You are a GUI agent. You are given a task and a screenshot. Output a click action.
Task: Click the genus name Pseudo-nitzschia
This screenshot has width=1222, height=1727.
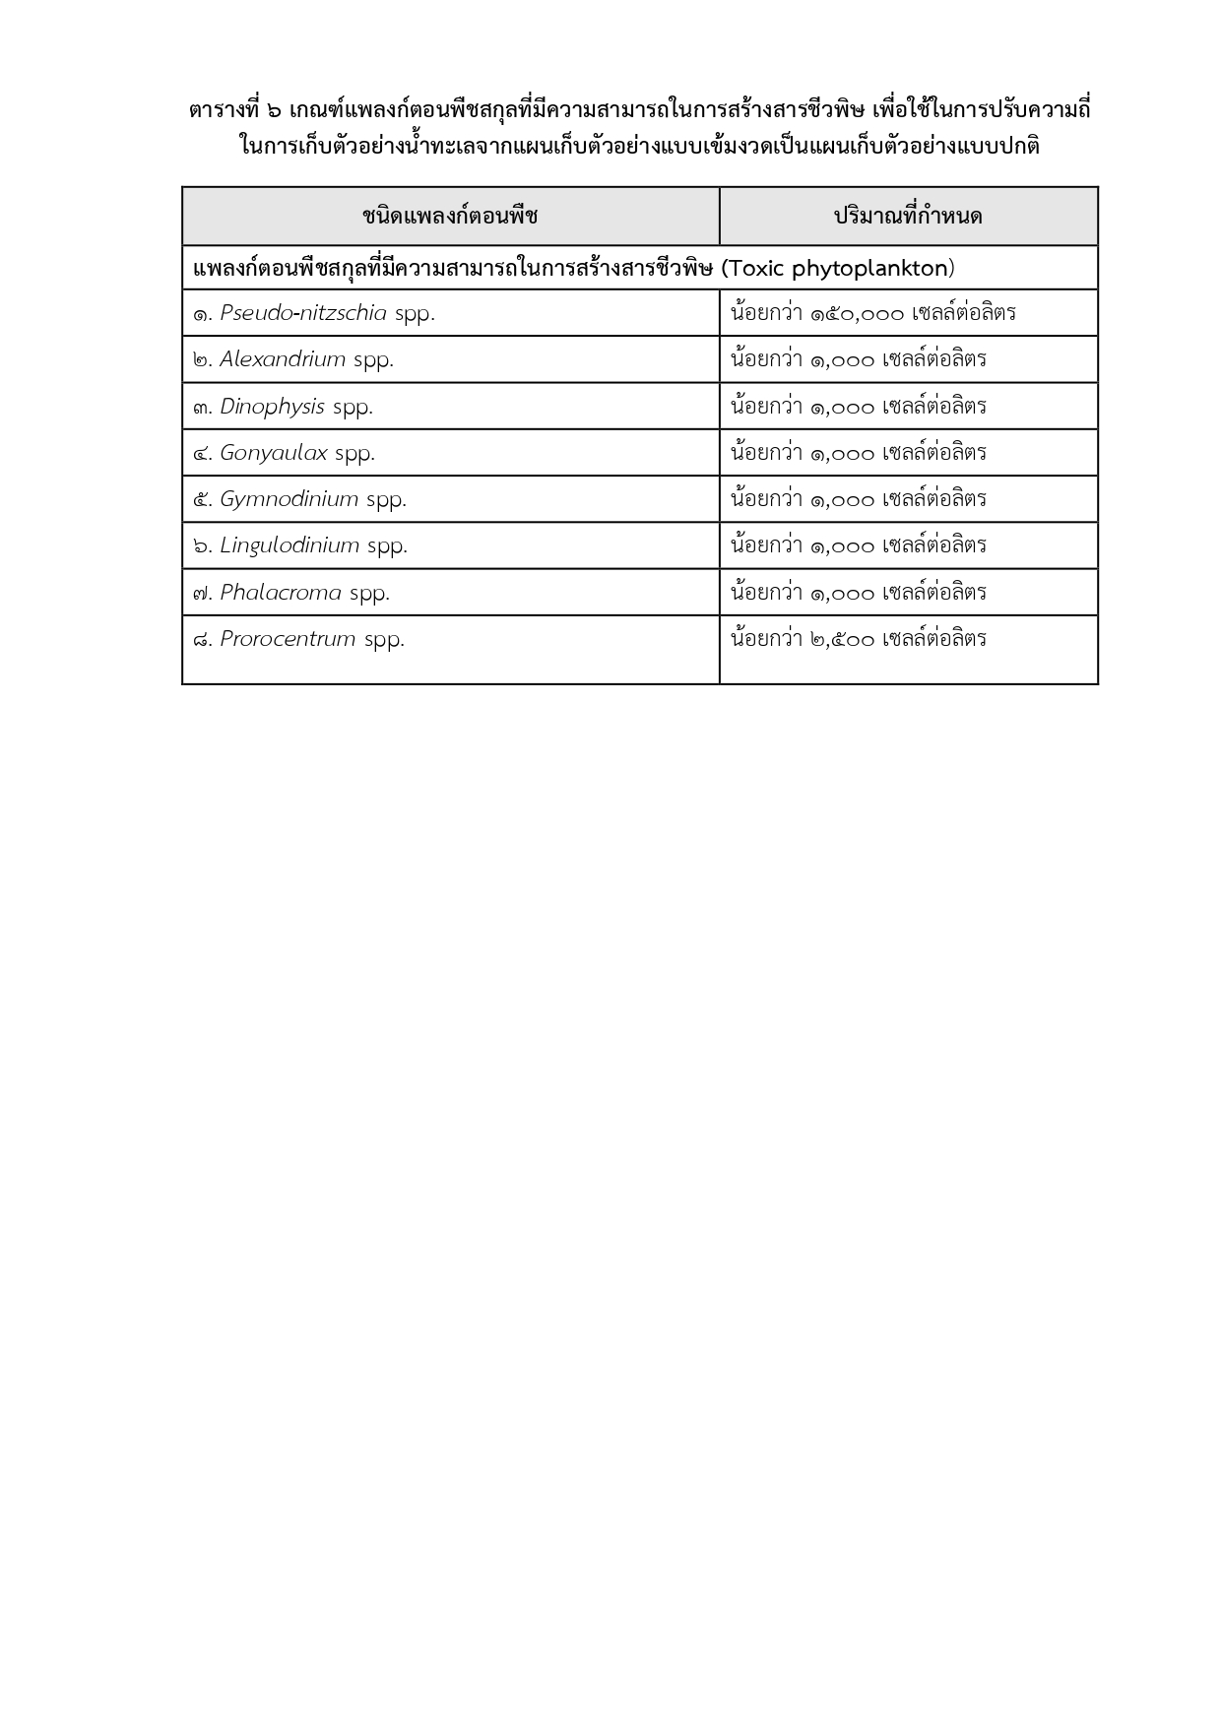click(x=303, y=313)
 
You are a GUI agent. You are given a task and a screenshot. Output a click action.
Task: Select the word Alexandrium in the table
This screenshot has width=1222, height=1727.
click(x=283, y=359)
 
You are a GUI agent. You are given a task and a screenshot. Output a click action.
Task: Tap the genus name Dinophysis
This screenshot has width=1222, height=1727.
click(x=272, y=407)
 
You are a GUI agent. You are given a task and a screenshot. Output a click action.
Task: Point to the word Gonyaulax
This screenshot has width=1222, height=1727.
click(x=273, y=453)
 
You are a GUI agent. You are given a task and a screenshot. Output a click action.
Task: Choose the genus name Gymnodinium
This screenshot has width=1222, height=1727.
click(x=289, y=499)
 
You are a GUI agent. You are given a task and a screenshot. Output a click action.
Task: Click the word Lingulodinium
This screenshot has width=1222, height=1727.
click(x=289, y=545)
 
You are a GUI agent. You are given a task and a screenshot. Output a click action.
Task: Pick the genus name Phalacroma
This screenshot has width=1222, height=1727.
click(x=281, y=593)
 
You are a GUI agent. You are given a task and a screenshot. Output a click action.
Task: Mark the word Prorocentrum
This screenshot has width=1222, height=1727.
click(x=288, y=639)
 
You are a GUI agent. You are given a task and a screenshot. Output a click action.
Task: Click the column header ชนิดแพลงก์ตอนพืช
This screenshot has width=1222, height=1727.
click(x=450, y=216)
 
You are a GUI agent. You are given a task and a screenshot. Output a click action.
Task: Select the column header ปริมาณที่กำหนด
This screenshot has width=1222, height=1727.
click(x=908, y=216)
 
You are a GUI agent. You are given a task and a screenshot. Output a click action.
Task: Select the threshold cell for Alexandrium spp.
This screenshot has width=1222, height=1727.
click(x=908, y=359)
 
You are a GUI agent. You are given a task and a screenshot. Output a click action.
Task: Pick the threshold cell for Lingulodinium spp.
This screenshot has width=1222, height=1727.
click(x=908, y=545)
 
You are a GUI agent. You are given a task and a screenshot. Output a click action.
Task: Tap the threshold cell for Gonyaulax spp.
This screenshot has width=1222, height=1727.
click(x=908, y=453)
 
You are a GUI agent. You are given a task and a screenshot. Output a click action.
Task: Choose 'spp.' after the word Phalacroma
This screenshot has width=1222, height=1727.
click(x=369, y=593)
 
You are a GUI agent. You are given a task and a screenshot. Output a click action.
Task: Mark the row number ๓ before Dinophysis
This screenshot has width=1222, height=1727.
click(x=201, y=408)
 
